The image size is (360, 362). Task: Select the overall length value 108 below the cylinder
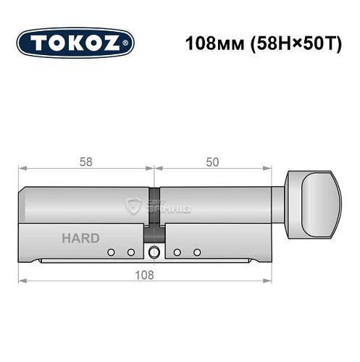pos(148,274)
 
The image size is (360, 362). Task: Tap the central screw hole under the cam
pos(154,253)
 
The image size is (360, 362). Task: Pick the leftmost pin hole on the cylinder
pos(111,253)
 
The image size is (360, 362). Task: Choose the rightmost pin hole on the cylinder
pos(197,253)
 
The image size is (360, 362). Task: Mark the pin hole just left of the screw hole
pos(131,253)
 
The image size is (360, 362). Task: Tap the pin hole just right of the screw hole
pos(177,253)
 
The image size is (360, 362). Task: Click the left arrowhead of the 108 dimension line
pos(22,280)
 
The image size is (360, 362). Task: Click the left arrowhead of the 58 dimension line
pos(22,168)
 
